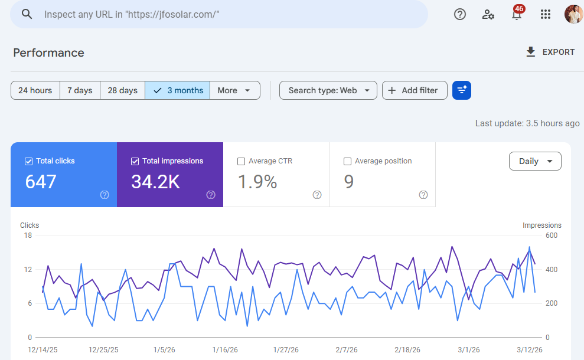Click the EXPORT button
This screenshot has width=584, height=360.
click(550, 52)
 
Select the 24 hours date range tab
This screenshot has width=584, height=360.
click(35, 90)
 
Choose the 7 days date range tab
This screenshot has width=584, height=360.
click(80, 90)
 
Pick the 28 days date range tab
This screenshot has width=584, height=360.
click(122, 90)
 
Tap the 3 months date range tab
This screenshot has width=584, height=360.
click(178, 90)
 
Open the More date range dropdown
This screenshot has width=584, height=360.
click(234, 90)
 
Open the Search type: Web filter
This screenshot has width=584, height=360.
click(328, 90)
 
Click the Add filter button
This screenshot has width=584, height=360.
click(414, 90)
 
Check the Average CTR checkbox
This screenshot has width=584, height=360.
click(241, 161)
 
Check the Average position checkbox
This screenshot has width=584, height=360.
click(347, 161)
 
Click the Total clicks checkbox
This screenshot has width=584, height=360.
click(28, 161)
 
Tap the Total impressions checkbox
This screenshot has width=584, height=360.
click(135, 161)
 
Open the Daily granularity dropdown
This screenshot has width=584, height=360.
click(535, 161)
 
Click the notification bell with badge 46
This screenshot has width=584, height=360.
click(517, 14)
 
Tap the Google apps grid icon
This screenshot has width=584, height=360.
click(546, 14)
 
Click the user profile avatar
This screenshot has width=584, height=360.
click(573, 14)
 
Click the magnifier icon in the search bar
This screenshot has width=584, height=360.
click(27, 14)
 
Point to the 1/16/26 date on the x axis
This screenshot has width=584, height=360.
click(225, 349)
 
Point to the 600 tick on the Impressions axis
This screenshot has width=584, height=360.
click(552, 235)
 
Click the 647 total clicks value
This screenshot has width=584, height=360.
click(41, 182)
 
